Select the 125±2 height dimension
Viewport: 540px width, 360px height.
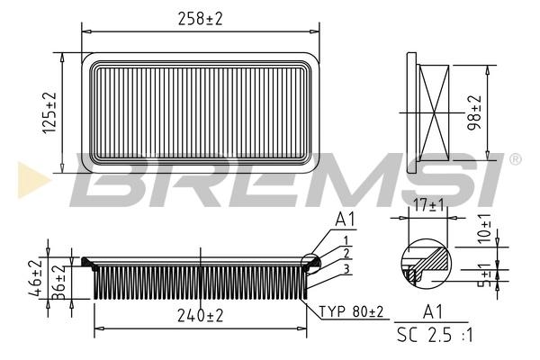click(49, 113)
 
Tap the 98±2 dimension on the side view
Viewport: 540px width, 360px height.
click(475, 112)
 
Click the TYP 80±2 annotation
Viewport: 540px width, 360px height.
click(350, 311)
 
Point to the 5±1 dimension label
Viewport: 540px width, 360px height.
click(486, 275)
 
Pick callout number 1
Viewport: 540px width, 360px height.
click(345, 240)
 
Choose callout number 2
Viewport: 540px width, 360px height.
click(345, 255)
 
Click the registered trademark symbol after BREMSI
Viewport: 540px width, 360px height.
click(514, 159)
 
